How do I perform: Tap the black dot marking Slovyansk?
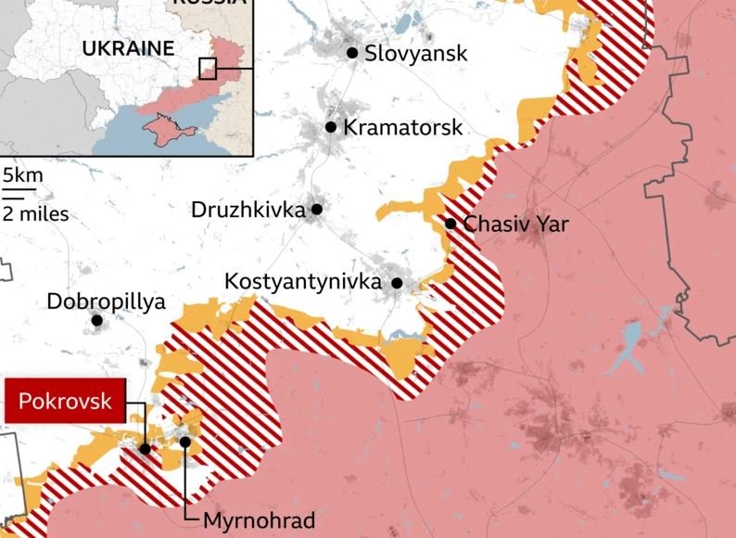click(352, 53)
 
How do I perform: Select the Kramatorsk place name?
click(402, 127)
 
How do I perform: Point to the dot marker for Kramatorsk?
click(331, 126)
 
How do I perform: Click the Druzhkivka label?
click(247, 210)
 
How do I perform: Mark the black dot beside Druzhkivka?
click(316, 210)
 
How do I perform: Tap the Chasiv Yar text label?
click(515, 224)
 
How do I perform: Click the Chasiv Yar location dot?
click(450, 224)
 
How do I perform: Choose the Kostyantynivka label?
click(303, 281)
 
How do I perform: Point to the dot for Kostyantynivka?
click(397, 283)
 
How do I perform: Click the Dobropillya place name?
click(106, 301)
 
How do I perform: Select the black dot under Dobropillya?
click(96, 321)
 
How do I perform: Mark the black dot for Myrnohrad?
click(185, 442)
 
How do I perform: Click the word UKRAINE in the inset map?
click(129, 48)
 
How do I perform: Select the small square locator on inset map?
click(208, 68)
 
